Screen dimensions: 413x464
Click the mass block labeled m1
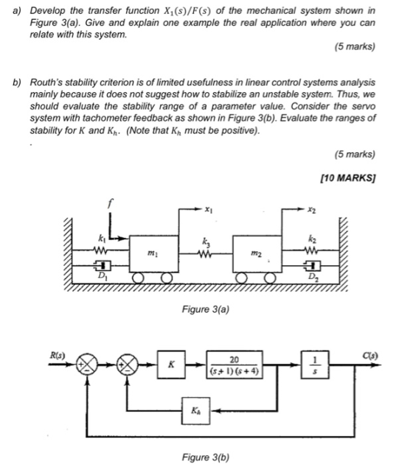tap(154, 253)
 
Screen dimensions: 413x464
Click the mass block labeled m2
tap(257, 253)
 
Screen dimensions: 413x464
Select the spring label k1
tap(101, 238)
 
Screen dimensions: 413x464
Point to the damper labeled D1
tap(103, 265)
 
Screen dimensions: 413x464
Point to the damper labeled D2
tap(312, 265)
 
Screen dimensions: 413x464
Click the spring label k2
tap(312, 238)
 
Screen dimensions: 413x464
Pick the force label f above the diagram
tap(110, 203)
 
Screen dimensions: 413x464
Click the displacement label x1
tap(209, 210)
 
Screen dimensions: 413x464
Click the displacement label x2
tap(312, 210)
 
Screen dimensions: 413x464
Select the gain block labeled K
tap(171, 365)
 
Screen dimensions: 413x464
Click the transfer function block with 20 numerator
tap(235, 365)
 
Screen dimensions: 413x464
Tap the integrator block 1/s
tap(315, 365)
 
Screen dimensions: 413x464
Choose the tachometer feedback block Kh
tap(196, 411)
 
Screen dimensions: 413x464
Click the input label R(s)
tap(58, 355)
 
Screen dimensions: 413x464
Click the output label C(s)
tap(370, 355)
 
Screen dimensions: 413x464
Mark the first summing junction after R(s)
tap(87, 365)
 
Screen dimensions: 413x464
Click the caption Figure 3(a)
tap(206, 309)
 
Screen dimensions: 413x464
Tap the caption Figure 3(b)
tap(206, 457)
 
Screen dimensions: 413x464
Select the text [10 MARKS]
tap(348, 177)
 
